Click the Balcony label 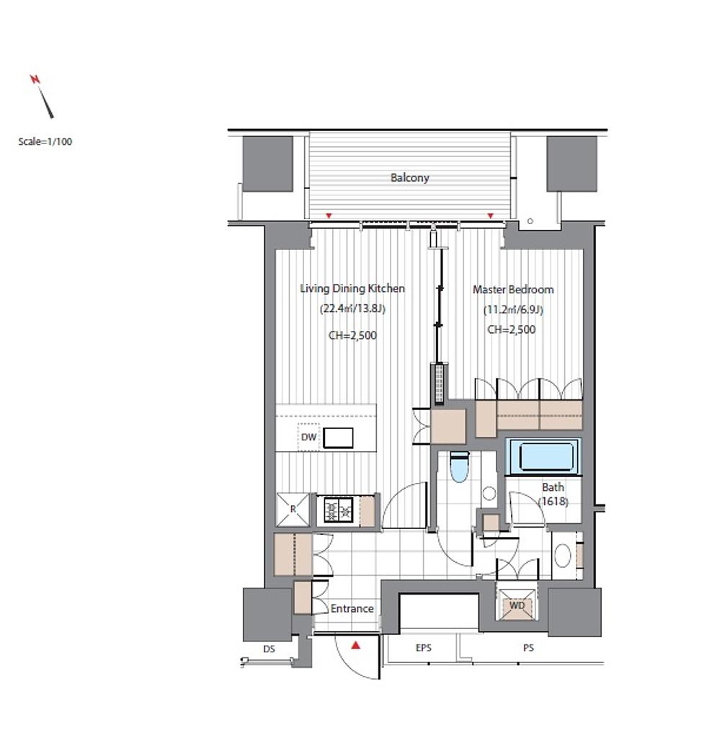409,178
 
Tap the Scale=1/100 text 45,142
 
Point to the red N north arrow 42,96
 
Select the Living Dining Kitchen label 352,288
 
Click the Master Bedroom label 513,290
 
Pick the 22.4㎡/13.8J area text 352,308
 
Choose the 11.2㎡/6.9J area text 513,310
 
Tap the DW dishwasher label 308,437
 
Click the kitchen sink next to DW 338,437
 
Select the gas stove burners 339,510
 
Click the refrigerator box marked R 293,510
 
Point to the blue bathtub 543,456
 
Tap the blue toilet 459,466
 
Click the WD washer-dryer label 517,605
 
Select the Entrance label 352,608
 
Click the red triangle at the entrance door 356,645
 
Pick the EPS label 424,648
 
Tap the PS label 528,648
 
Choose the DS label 269,649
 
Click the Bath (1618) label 553,494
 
